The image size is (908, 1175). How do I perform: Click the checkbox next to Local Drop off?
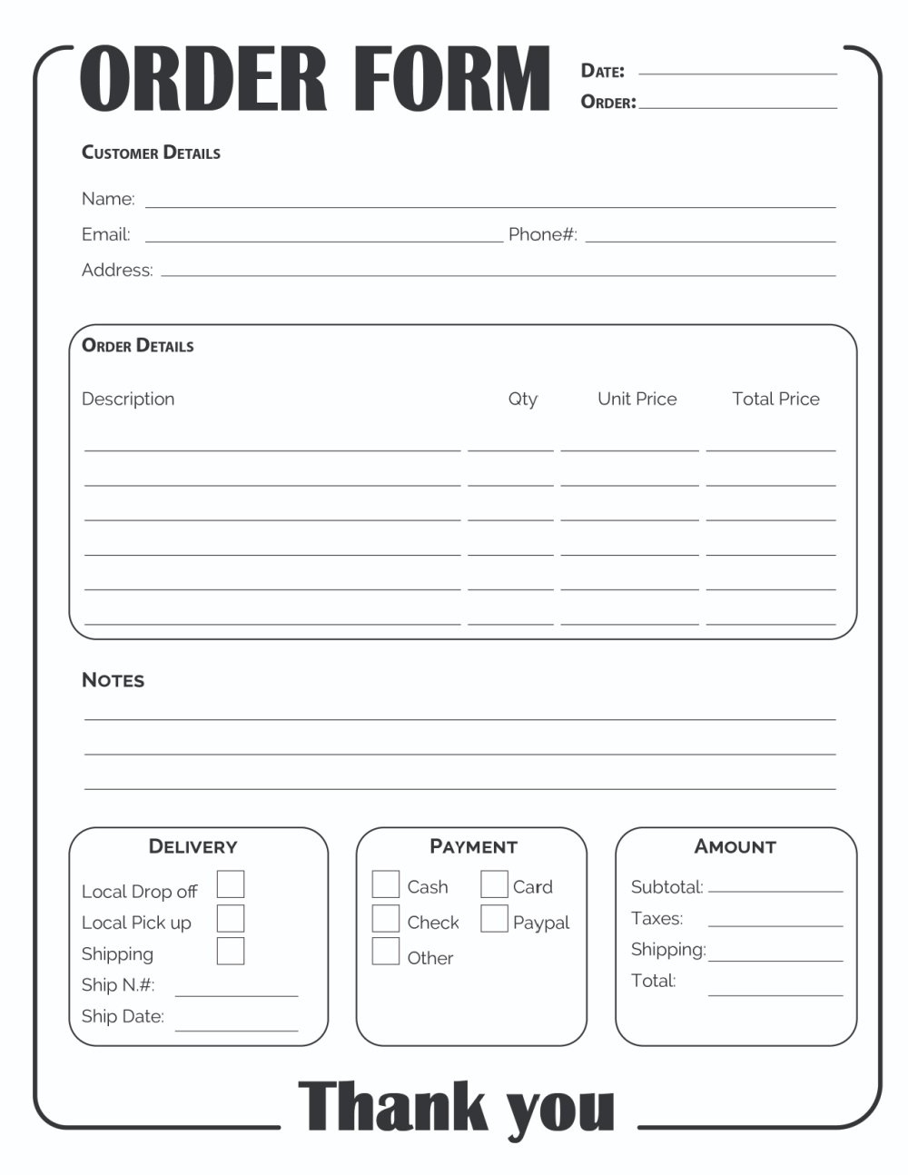pyautogui.click(x=231, y=884)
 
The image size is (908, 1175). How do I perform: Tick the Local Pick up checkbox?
pyautogui.click(x=231, y=918)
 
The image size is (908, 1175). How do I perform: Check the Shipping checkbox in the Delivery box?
pyautogui.click(x=231, y=951)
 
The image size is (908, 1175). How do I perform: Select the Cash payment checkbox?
pyautogui.click(x=386, y=884)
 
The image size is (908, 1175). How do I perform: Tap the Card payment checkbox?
pyautogui.click(x=494, y=884)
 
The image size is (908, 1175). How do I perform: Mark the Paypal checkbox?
pyautogui.click(x=494, y=918)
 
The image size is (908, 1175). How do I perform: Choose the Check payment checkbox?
pyautogui.click(x=386, y=918)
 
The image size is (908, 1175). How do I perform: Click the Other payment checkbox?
pyautogui.click(x=386, y=951)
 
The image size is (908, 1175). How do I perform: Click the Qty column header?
pyautogui.click(x=522, y=399)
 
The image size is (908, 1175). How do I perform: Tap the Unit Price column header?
pyautogui.click(x=637, y=399)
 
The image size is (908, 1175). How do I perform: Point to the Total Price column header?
pyautogui.click(x=775, y=399)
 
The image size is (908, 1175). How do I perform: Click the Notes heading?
pyautogui.click(x=113, y=680)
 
